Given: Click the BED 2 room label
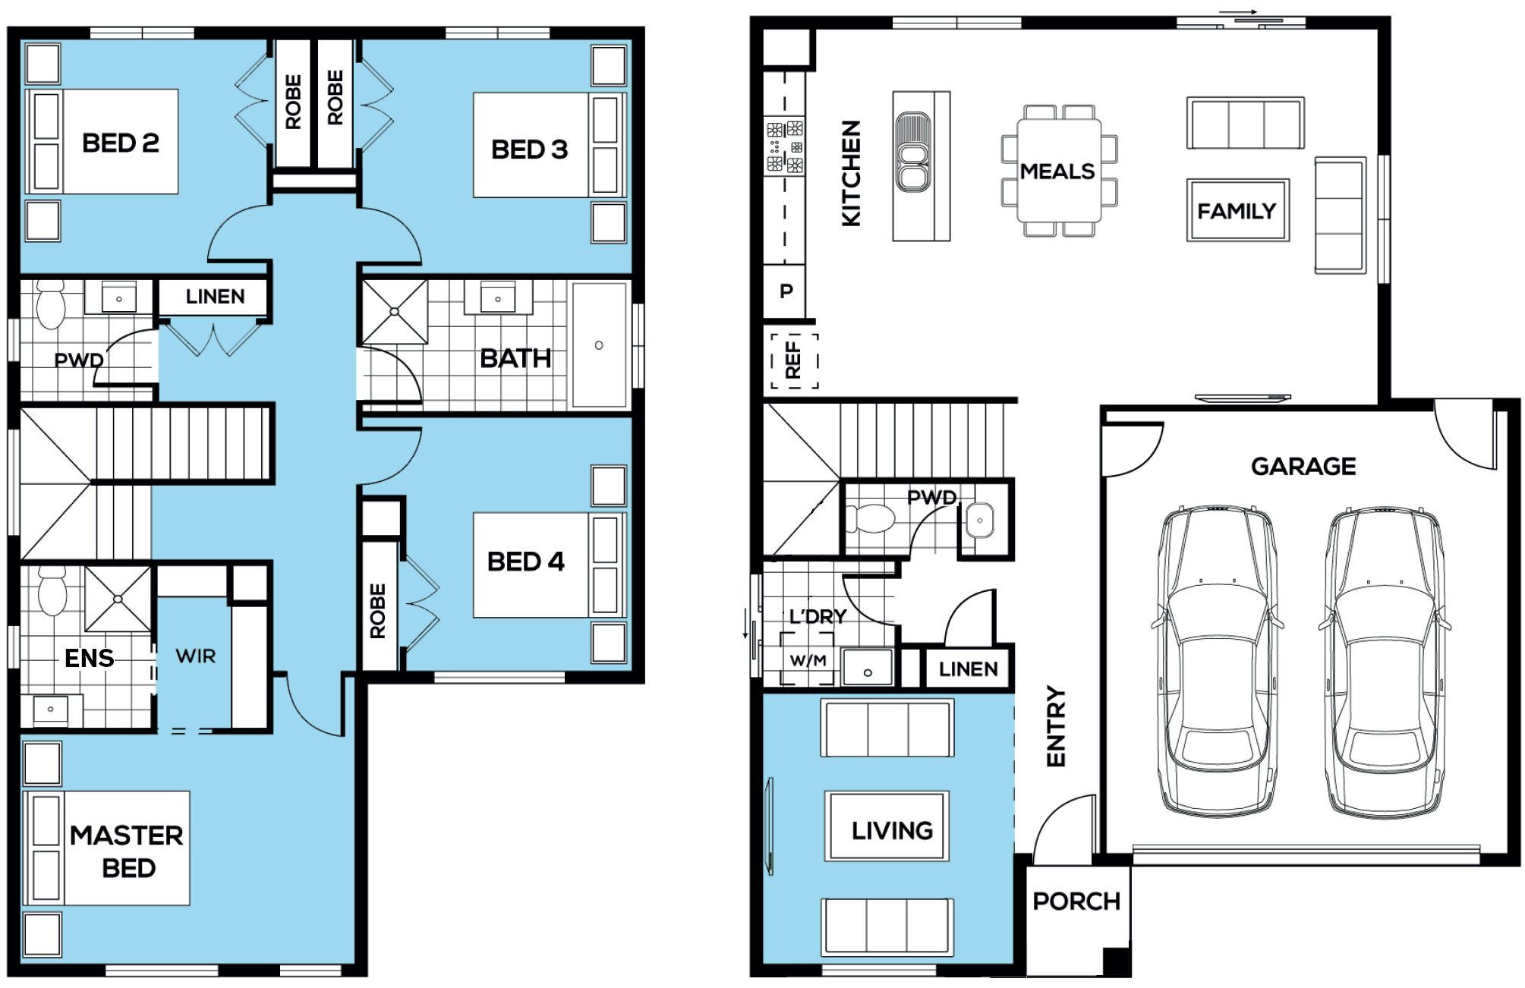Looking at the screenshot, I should click(x=120, y=143).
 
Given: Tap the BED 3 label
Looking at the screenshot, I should click(x=529, y=149).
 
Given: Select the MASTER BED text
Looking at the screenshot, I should click(x=127, y=851).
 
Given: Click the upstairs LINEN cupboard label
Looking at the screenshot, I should click(x=215, y=297).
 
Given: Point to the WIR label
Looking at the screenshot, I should click(x=196, y=656).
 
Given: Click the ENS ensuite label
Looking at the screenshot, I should click(x=89, y=658).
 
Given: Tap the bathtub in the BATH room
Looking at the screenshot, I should click(x=600, y=345).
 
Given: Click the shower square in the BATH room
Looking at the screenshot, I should click(x=394, y=312).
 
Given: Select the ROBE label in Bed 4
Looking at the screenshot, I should click(x=377, y=611).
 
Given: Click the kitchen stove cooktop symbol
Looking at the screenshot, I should click(x=785, y=146).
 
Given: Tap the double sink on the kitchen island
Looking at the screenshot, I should click(x=912, y=153).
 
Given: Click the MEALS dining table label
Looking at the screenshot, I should click(x=1057, y=171).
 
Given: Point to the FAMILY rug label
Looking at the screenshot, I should click(x=1237, y=211).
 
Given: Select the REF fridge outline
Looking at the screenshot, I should click(x=794, y=360).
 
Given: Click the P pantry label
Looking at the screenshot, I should click(x=786, y=291).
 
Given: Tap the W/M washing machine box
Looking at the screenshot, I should click(x=808, y=660).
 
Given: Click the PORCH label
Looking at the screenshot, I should click(x=1076, y=901).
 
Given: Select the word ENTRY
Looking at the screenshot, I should click(x=1056, y=726).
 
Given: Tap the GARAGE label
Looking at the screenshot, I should click(x=1303, y=466).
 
